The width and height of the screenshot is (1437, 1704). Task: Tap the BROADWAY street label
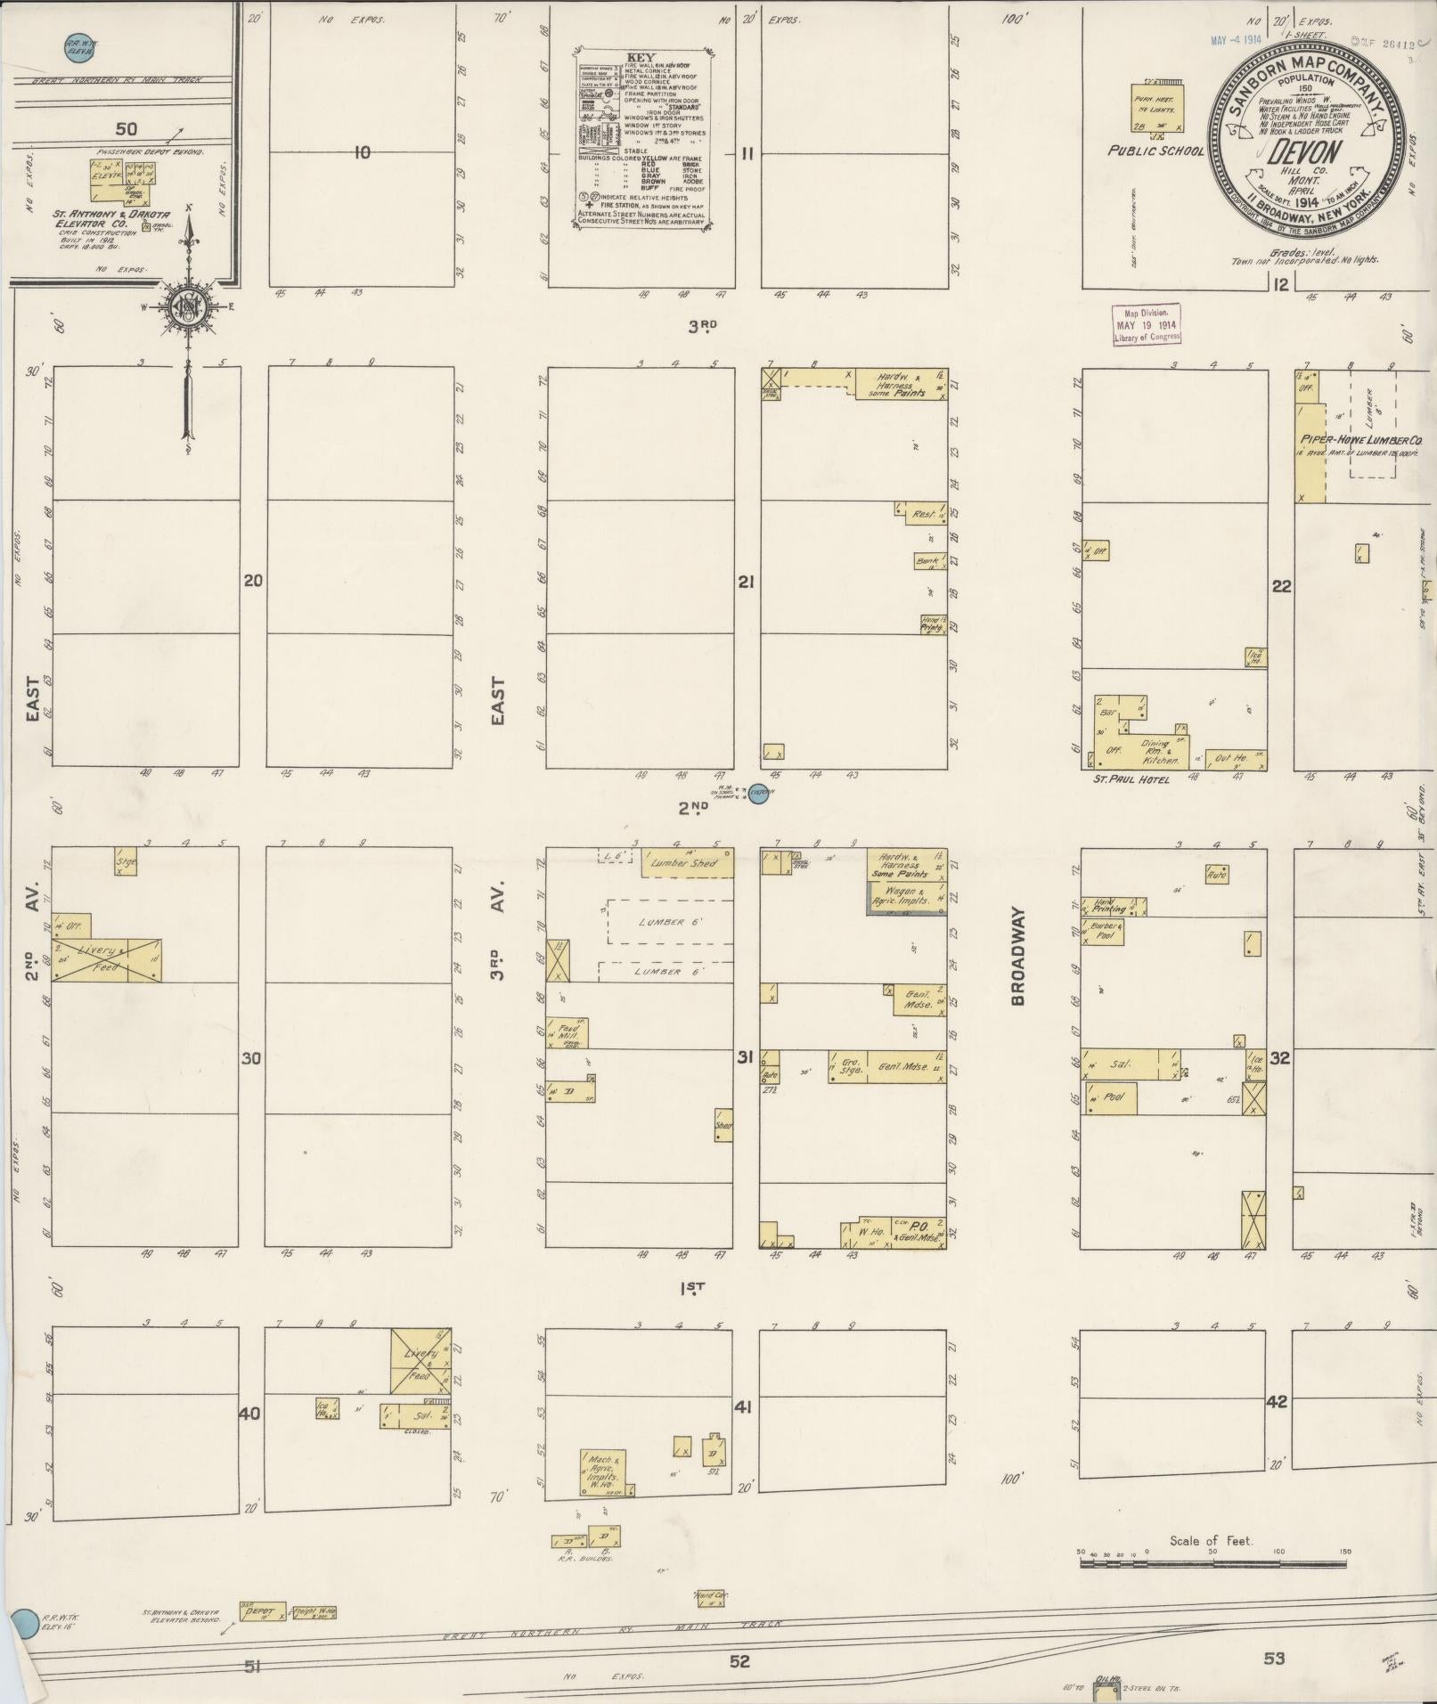(1018, 957)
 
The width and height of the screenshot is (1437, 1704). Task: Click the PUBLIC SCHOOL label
(1155, 151)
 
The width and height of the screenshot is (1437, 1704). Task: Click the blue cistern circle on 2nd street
(758, 793)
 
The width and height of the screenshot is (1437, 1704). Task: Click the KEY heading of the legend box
(641, 56)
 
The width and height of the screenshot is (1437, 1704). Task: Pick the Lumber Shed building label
(686, 863)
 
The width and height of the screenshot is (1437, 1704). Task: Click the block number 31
(745, 1058)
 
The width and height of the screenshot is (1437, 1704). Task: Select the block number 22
(1281, 586)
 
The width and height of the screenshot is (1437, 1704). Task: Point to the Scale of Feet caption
(1211, 1541)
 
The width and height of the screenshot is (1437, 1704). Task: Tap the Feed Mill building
(569, 1032)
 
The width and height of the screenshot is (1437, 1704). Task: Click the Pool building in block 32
(1114, 1097)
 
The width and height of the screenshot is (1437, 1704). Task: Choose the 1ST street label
(692, 1287)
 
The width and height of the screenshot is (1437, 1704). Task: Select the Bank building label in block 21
(930, 561)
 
